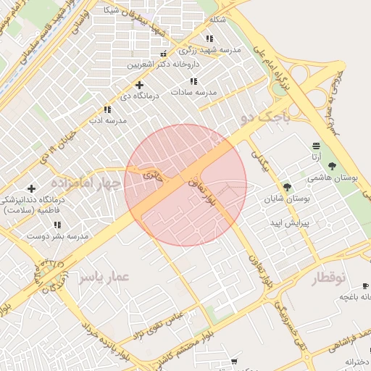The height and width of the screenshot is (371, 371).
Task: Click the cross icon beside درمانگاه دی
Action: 140,85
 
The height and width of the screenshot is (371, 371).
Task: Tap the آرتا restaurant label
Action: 317,157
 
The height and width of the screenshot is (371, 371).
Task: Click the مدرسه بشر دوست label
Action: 58,236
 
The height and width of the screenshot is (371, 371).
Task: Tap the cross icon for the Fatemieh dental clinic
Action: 31,188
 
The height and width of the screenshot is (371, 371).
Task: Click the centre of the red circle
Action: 185,185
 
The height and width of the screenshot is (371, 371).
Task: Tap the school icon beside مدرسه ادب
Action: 107,109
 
